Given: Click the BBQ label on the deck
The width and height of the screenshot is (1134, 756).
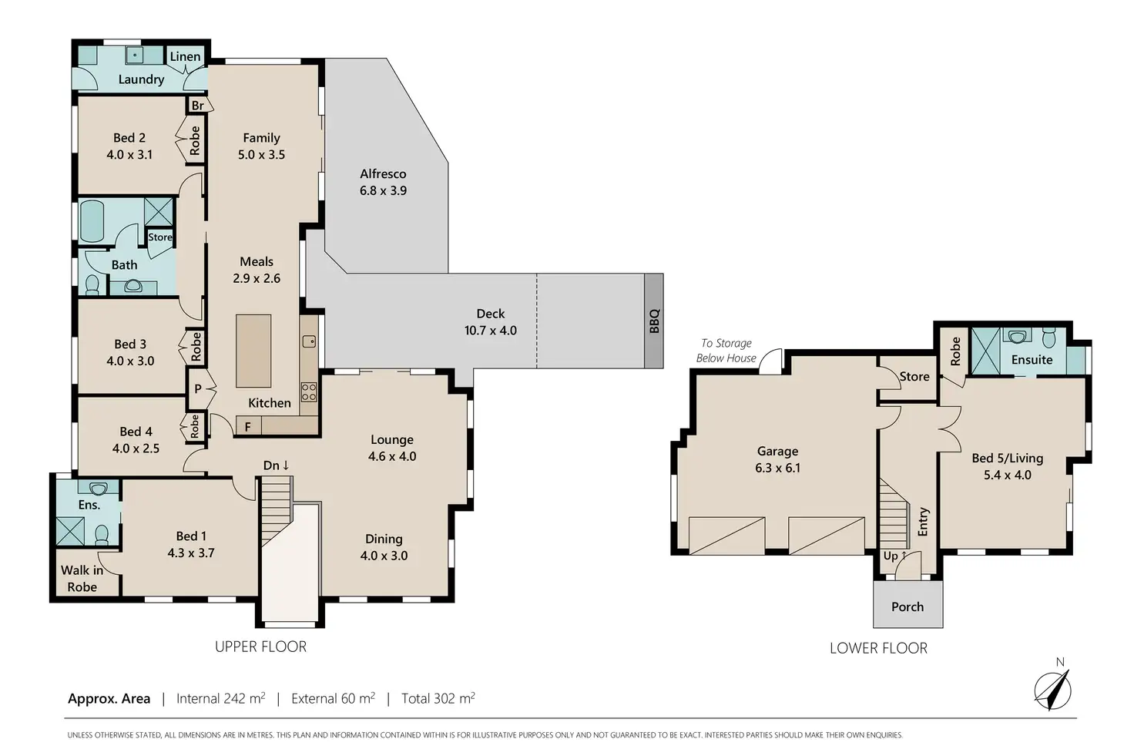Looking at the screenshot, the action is (654, 321).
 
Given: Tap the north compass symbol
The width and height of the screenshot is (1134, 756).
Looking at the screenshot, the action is (1053, 690).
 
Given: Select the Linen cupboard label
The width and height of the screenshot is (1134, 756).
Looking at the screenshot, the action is (185, 56).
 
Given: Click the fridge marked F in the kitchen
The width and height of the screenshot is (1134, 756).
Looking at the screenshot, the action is (248, 426).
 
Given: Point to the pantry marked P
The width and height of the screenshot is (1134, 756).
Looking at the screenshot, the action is (198, 388).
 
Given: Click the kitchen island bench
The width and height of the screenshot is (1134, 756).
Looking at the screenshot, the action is (253, 351).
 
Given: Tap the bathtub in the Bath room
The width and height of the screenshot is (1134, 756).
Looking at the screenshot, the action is (92, 222).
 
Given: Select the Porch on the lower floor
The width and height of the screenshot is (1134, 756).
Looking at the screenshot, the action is (908, 606).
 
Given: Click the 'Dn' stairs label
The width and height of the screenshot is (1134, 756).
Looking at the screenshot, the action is (276, 465).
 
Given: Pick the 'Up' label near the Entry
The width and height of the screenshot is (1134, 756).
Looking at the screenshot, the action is (894, 556).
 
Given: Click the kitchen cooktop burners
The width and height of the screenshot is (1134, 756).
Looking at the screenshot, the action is (309, 392).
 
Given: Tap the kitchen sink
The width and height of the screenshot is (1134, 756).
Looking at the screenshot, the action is (310, 342).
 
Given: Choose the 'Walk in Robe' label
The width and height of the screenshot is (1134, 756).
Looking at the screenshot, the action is (82, 578).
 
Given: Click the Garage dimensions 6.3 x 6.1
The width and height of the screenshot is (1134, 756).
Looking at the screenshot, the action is (777, 467).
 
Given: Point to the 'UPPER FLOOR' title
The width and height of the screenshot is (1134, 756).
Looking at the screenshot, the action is (260, 647).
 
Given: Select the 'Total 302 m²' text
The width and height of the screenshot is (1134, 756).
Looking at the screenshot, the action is (438, 698).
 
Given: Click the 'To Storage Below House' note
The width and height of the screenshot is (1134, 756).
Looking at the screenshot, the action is (726, 351).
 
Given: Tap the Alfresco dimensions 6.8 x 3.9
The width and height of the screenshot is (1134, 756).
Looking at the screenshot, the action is (383, 190).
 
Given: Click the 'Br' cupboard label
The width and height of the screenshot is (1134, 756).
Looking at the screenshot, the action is (197, 106).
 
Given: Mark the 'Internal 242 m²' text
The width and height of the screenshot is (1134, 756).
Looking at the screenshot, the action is (221, 698).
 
